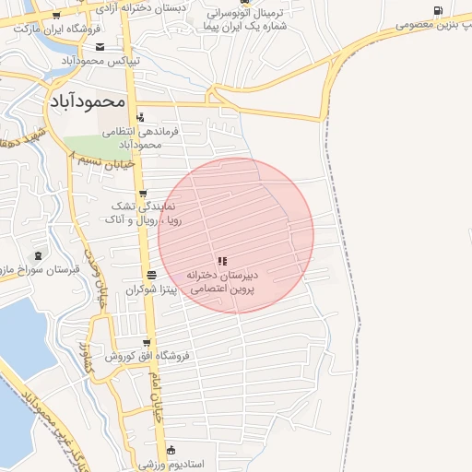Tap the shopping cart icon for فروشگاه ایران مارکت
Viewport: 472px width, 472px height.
pos(56,15)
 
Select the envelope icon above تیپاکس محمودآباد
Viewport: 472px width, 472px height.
pos(100,47)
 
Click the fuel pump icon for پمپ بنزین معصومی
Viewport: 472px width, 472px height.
pos(437,11)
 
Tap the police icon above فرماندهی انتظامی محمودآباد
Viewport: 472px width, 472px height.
pos(140,117)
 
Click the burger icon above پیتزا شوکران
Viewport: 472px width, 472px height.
pos(151,276)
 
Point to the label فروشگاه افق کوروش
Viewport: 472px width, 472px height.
pos(147,355)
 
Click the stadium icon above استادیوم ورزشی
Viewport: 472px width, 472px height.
pos(171,450)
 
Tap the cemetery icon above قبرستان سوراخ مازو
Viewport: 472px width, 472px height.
pos(38,255)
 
